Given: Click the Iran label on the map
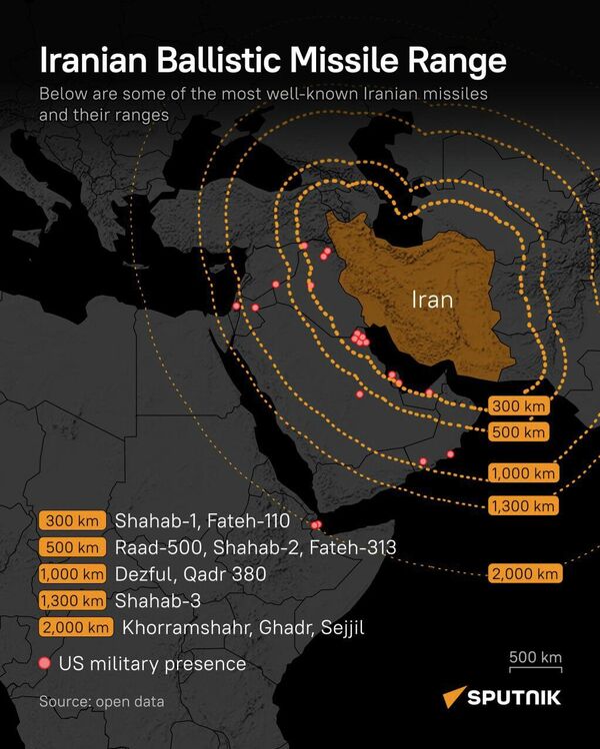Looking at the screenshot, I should coord(432,300).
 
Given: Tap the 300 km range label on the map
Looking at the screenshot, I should coord(519,406).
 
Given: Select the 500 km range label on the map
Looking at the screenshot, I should coord(519,432).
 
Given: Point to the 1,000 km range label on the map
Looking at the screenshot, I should coord(523,473).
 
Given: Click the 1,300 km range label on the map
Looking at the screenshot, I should coord(523,506).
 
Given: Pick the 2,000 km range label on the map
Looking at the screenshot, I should coord(526,573).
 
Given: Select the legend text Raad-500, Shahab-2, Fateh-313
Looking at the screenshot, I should coord(255,547).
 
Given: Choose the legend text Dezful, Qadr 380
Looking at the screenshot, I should coord(184,574).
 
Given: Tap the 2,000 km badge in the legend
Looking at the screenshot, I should coord(76,627).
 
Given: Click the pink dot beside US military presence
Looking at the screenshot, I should coord(44,663).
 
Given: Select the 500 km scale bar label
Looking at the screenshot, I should coord(535,657).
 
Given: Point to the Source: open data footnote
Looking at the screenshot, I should coord(101,702).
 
